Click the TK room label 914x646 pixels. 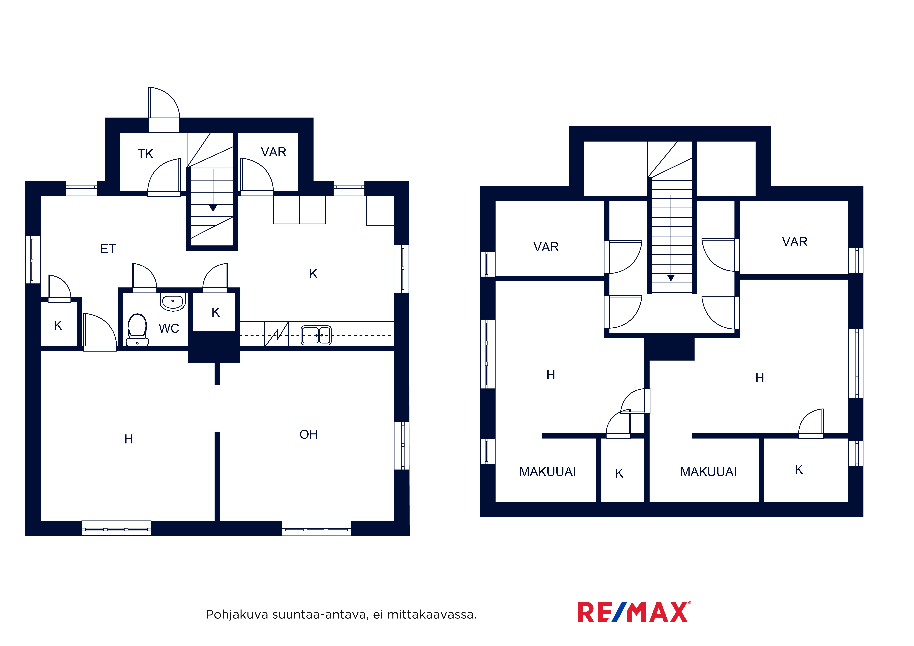point(145,154)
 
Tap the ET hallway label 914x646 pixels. point(108,248)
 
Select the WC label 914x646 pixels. point(169,328)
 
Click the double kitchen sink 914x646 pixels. point(316,335)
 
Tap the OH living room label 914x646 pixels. point(309,434)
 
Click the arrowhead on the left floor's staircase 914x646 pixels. point(213,208)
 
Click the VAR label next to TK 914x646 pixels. point(274,152)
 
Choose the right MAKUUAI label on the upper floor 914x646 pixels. point(708,472)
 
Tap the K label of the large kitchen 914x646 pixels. point(313,273)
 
